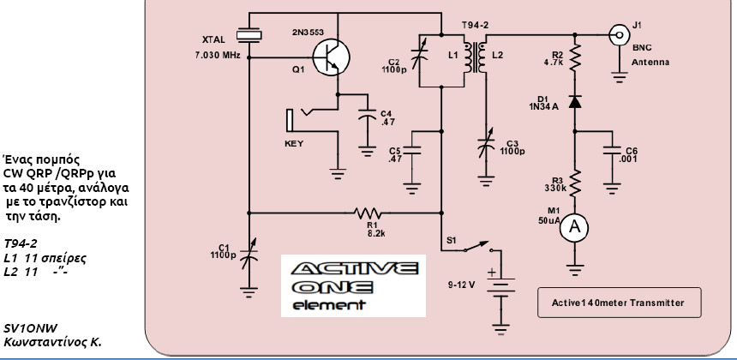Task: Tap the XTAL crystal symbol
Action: [x=249, y=34]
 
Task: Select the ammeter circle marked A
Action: [x=576, y=226]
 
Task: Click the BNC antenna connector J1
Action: [x=615, y=35]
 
